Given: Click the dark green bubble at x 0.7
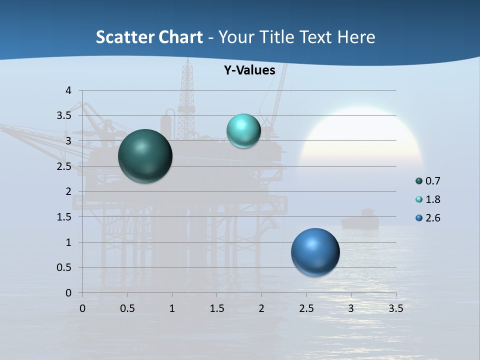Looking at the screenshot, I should [145, 156].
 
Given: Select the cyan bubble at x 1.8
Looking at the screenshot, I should [243, 130].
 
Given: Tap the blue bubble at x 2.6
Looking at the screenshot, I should [315, 252].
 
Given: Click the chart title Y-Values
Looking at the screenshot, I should [249, 70].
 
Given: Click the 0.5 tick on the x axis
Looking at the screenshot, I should [127, 308].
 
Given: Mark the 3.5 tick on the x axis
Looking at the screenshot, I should [395, 308].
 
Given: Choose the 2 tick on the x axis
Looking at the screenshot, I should [261, 308].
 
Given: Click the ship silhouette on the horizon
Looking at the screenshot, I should [361, 220].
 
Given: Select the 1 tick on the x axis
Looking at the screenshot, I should [172, 308].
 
